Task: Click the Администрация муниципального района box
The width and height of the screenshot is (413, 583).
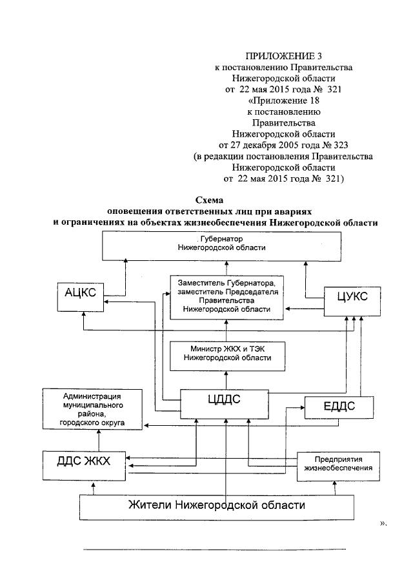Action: [x=93, y=408]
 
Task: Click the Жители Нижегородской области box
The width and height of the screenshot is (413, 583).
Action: [x=216, y=504]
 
